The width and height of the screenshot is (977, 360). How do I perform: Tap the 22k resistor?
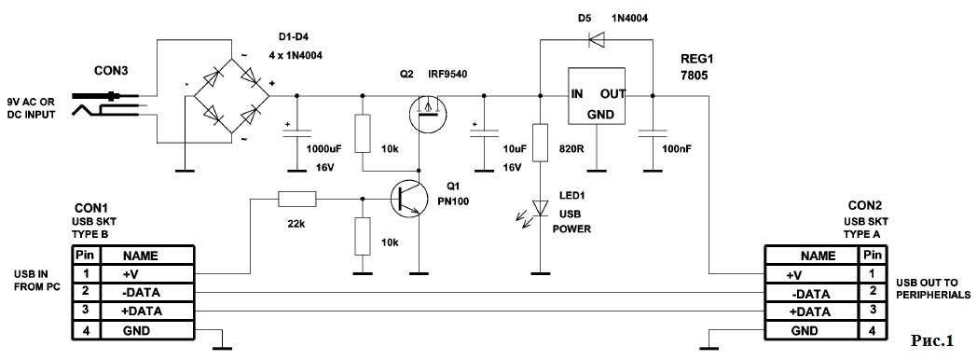(x=297, y=200)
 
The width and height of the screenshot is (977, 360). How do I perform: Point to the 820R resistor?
(x=541, y=143)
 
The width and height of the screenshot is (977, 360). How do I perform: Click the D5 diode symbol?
(x=598, y=40)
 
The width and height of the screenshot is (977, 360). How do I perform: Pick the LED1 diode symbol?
(x=540, y=208)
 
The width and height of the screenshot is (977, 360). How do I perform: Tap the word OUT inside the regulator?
(x=613, y=95)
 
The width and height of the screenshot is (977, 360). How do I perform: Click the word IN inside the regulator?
(x=578, y=95)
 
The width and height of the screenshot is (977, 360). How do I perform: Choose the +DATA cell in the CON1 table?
(x=145, y=312)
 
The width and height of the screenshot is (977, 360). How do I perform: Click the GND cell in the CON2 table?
(x=812, y=331)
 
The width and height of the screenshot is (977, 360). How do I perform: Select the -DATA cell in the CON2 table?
(x=812, y=294)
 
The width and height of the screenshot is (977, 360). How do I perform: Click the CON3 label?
(x=111, y=70)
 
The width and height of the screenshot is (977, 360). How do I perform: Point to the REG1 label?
(x=696, y=61)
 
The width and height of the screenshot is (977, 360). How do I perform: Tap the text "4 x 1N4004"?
(x=296, y=55)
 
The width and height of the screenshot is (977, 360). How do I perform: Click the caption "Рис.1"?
(x=932, y=340)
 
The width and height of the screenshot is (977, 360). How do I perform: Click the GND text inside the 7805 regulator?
(x=600, y=115)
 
